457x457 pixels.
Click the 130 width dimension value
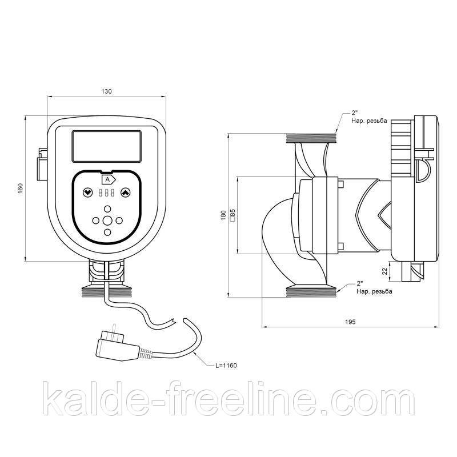[106, 91]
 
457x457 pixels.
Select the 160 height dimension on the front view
[20, 188]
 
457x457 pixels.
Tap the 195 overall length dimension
[350, 322]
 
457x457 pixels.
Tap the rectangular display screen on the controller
[106, 146]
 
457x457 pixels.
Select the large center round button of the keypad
[107, 221]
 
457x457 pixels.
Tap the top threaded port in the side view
[311, 137]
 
